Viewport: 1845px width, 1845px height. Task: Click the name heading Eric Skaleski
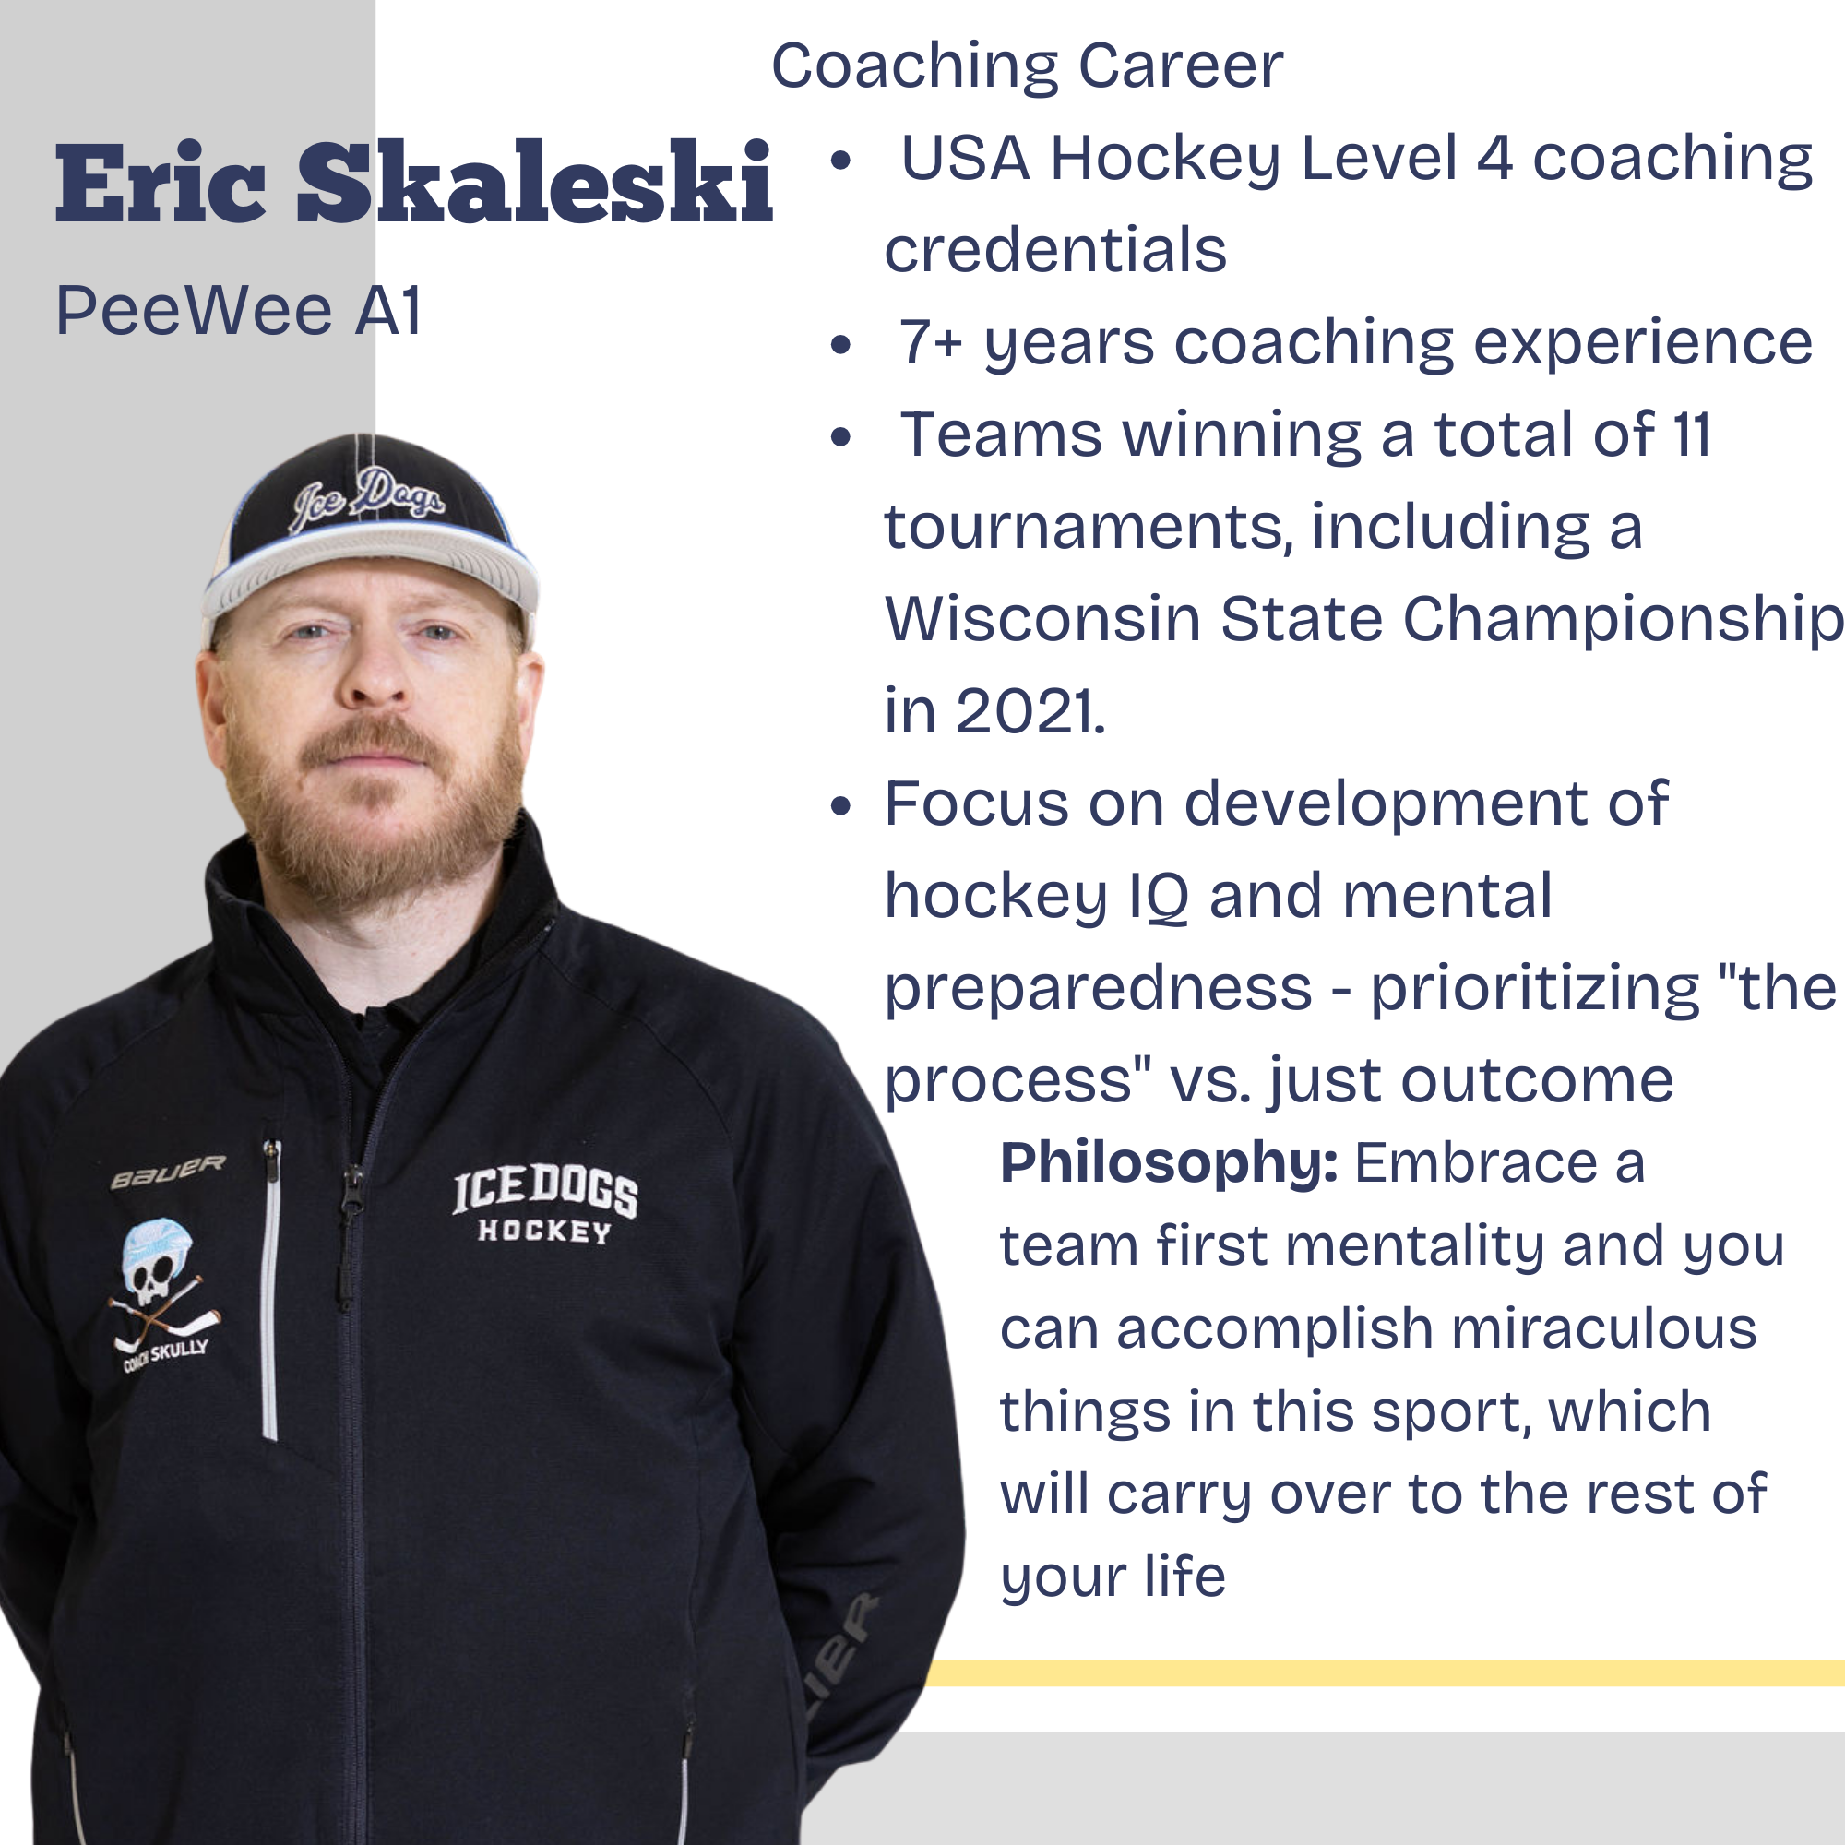pyautogui.click(x=413, y=182)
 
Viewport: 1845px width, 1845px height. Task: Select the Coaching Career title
pyautogui.click(x=1027, y=65)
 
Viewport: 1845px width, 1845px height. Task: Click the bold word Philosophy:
pyautogui.click(x=1168, y=1162)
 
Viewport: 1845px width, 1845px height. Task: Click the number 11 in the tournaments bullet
pyautogui.click(x=1691, y=434)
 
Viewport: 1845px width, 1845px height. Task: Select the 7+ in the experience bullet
pyautogui.click(x=931, y=342)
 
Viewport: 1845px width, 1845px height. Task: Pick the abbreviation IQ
pyautogui.click(x=1159, y=897)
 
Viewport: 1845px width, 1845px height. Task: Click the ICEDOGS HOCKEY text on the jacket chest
pyautogui.click(x=545, y=1205)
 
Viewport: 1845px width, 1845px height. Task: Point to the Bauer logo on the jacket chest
pyautogui.click(x=168, y=1172)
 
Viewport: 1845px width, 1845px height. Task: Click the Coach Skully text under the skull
pyautogui.click(x=165, y=1354)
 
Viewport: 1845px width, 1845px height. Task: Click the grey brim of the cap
pyautogui.click(x=371, y=565)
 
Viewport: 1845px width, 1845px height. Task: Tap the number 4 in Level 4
pyautogui.click(x=1494, y=158)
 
